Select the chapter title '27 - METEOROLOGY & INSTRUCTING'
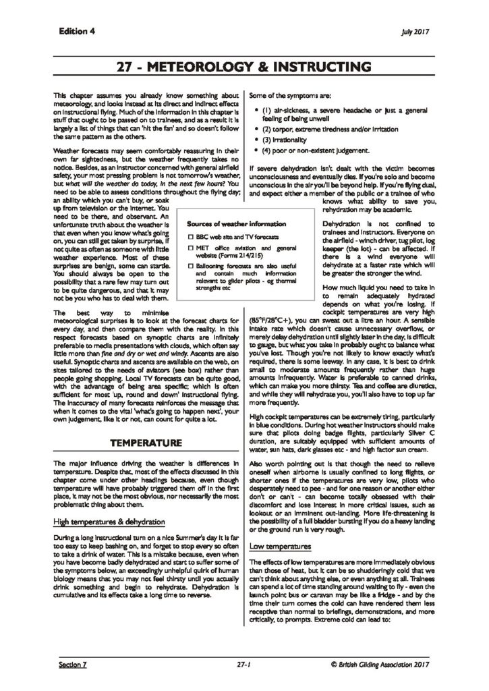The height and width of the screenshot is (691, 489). tap(243, 67)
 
